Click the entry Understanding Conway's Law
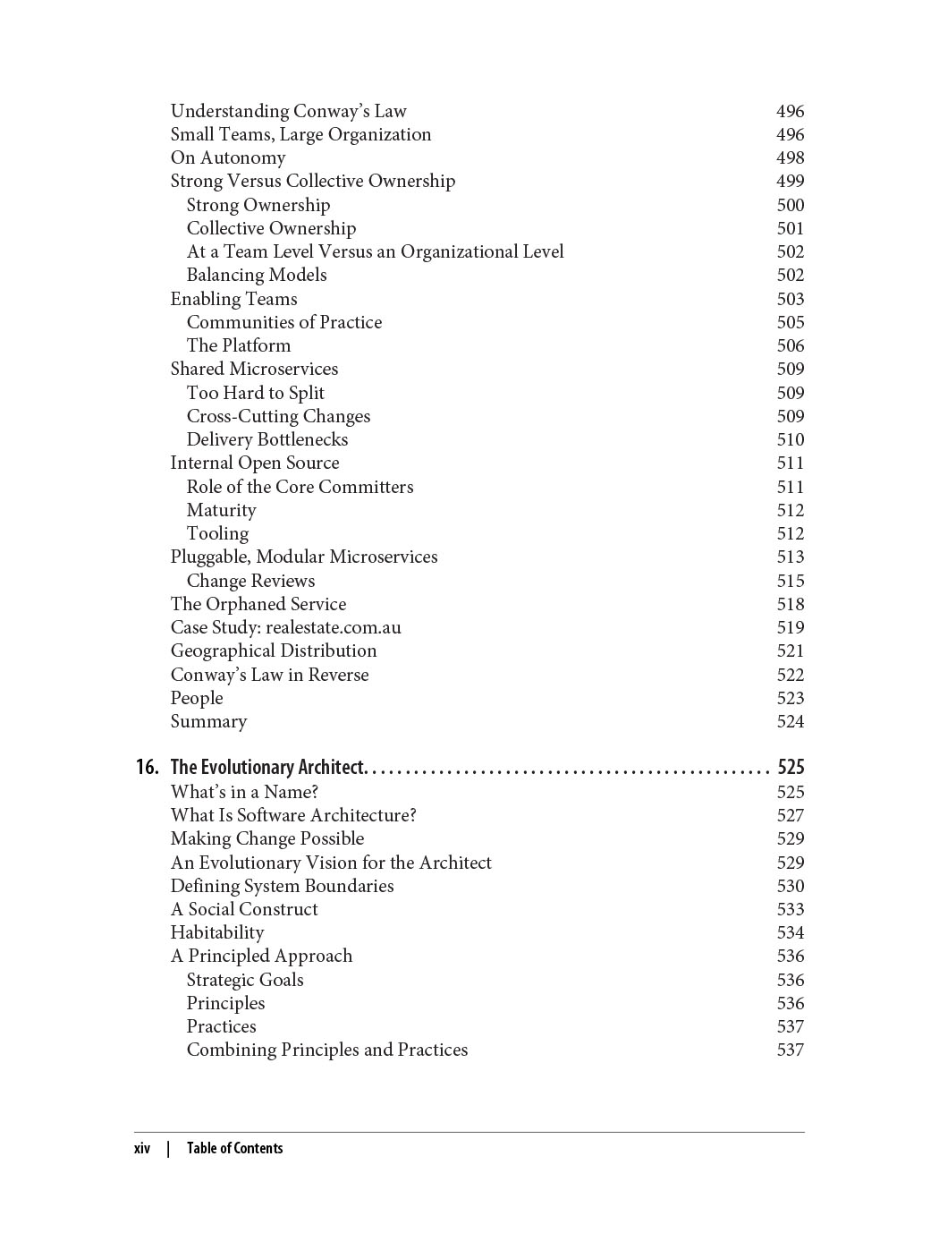pos(288,111)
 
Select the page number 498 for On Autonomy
pos(790,157)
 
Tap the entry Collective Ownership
pos(271,228)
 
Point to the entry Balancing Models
pos(257,275)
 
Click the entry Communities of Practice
pos(283,322)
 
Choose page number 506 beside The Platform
pos(790,345)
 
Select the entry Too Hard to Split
pos(255,393)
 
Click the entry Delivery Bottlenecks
pos(266,439)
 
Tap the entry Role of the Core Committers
pos(300,487)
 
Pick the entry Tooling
pos(217,533)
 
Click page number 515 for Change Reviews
pos(790,581)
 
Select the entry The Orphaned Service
pos(258,604)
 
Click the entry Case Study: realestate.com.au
pos(285,627)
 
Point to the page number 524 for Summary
pos(790,721)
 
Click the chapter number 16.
pos(148,767)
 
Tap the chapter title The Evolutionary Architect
pos(266,767)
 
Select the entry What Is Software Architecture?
pos(293,815)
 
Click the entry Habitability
pos(217,932)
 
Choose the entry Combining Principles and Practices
pos(326,1050)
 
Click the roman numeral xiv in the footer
pos(142,1148)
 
